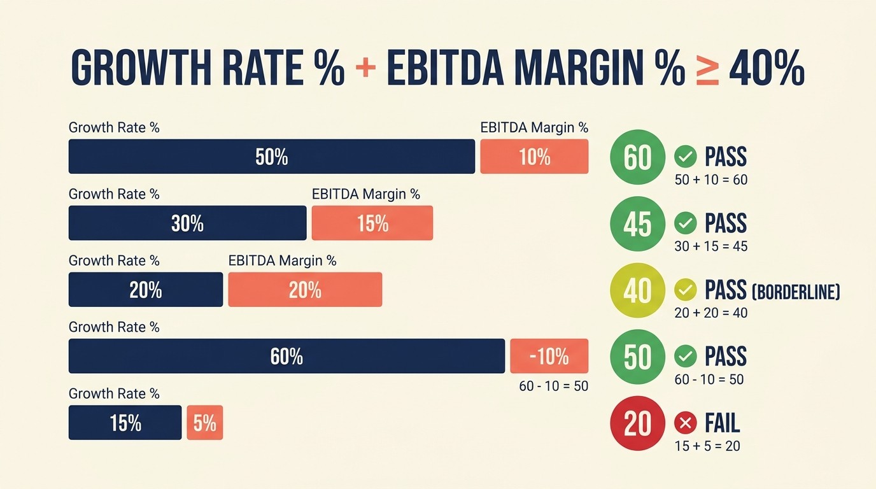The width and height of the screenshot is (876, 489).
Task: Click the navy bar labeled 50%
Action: (272, 157)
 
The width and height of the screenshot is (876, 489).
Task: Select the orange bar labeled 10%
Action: (534, 157)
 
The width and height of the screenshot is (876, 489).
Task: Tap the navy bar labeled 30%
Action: (187, 223)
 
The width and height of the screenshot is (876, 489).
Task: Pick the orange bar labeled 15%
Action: (372, 223)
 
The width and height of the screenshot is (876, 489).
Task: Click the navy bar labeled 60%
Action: (286, 356)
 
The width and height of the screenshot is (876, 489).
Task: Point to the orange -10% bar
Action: (549, 356)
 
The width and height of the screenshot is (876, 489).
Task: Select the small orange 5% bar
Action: (204, 423)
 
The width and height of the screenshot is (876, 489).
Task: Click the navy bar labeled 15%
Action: (125, 423)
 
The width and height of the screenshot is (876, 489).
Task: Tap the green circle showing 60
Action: (637, 157)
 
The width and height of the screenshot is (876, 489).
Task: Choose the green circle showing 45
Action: (637, 224)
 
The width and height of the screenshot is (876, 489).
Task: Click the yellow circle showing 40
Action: (637, 290)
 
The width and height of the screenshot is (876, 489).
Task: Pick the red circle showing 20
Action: (637, 423)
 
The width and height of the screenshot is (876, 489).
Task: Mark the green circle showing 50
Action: (637, 357)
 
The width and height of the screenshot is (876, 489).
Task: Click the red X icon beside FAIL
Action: (685, 423)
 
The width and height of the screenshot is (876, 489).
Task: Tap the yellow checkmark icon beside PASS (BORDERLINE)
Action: (685, 290)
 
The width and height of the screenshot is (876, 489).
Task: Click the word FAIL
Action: (723, 423)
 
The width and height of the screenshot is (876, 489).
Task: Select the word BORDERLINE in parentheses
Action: (796, 292)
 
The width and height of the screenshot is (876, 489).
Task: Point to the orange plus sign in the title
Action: (365, 68)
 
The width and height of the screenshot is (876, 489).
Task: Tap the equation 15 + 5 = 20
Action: (707, 446)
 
